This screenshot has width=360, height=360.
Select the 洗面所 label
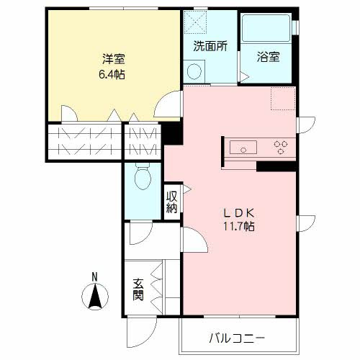click(x=210, y=45)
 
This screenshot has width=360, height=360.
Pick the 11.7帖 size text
click(x=240, y=225)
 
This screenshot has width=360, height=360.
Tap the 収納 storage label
click(x=173, y=202)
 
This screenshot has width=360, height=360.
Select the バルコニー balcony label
click(x=238, y=338)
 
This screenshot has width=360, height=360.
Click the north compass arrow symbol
click(x=94, y=296)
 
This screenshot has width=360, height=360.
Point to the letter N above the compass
click(x=94, y=276)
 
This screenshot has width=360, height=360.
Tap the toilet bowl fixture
click(x=142, y=176)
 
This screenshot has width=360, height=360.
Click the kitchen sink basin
click(x=243, y=148)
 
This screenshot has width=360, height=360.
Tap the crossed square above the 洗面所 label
click(x=194, y=22)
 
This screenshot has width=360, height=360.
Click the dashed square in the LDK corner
click(x=283, y=98)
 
